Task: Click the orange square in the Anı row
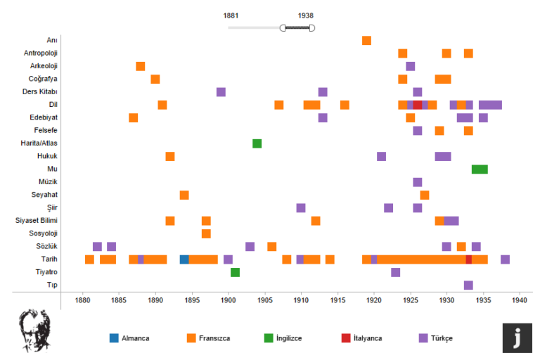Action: click(366, 41)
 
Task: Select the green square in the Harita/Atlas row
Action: click(257, 143)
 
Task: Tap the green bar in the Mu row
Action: click(480, 169)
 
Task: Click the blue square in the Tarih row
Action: click(184, 259)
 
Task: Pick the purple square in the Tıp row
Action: click(468, 285)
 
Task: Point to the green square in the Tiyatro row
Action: click(236, 273)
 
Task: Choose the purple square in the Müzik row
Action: click(418, 182)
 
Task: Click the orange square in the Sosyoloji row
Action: click(206, 234)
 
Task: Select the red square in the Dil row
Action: click(418, 105)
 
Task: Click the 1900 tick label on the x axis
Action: click(228, 300)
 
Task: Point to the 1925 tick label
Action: click(410, 300)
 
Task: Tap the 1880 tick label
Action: click(82, 300)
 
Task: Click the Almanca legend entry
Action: click(129, 338)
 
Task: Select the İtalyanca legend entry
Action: click(361, 338)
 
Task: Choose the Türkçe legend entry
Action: click(436, 338)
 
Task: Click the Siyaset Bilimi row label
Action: click(36, 221)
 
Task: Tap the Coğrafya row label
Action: click(43, 79)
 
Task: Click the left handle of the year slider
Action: click(283, 28)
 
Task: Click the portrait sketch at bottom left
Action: click(34, 330)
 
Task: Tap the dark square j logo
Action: click(517, 338)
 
